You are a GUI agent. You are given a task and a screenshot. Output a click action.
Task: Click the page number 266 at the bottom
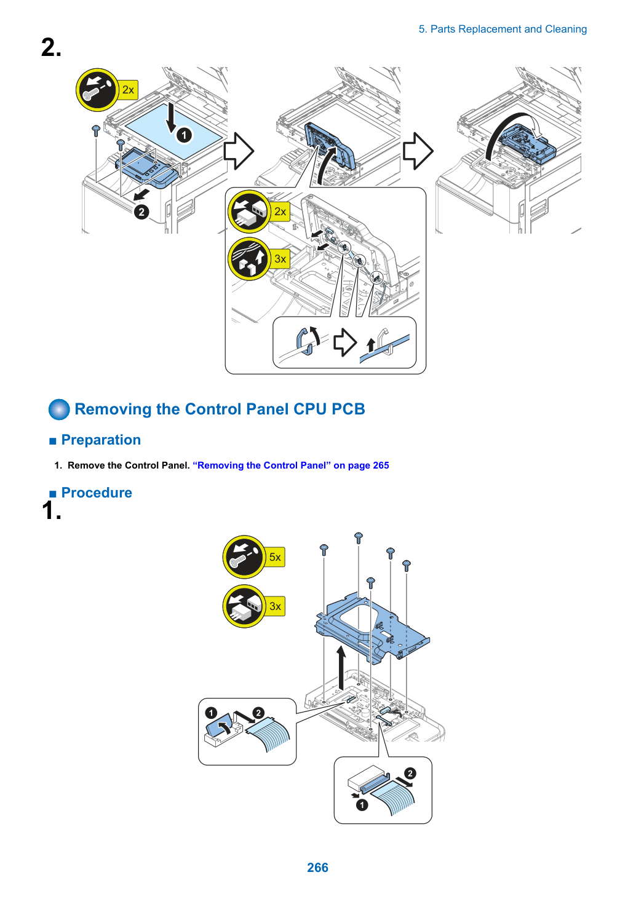(317, 867)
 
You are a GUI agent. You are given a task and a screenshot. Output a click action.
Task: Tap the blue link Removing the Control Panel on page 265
(291, 465)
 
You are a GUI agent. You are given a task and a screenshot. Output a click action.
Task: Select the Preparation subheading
(101, 440)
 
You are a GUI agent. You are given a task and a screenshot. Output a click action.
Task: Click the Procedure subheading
(97, 493)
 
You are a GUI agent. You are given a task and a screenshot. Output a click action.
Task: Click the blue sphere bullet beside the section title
(59, 410)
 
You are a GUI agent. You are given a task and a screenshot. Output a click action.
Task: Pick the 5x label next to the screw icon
(275, 557)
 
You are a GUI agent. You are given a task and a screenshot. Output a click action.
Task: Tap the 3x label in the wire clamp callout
(280, 259)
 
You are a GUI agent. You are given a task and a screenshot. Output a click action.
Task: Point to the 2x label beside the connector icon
(280, 212)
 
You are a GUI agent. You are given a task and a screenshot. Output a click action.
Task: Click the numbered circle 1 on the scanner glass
(185, 135)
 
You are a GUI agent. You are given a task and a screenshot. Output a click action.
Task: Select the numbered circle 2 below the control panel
(141, 212)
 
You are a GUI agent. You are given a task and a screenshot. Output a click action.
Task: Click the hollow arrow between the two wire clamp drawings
(345, 342)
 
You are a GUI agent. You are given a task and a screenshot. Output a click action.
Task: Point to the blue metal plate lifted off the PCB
(372, 628)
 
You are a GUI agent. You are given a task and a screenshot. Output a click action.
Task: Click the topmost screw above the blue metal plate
(359, 537)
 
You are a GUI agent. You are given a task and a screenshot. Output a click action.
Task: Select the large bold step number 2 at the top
(52, 48)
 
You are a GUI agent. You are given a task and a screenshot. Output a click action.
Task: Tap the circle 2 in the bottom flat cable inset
(410, 773)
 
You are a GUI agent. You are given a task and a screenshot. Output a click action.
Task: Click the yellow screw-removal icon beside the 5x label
(244, 556)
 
